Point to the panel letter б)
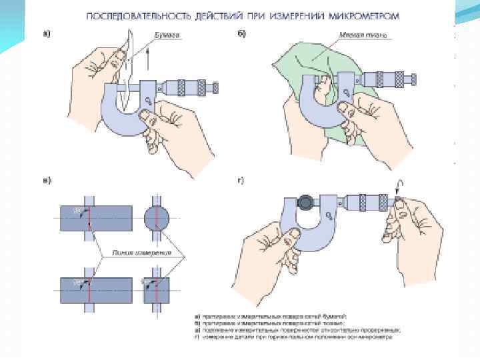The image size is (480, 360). tap(241, 34)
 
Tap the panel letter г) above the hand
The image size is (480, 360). tap(241, 181)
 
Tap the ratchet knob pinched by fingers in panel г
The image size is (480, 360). tap(397, 201)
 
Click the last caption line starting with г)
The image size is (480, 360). tap(293, 337)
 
